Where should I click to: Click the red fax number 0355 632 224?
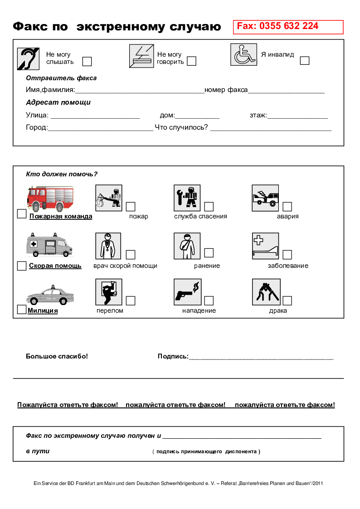277,26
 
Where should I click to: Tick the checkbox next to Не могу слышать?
87,61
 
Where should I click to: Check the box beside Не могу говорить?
191,61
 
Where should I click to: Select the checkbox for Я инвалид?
305,60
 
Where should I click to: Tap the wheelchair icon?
243,55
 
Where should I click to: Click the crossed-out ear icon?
28,59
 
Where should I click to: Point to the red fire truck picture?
50,198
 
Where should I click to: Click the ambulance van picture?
49,246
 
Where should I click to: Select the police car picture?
50,296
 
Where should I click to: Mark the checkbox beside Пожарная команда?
21,214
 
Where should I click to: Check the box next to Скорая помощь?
21,266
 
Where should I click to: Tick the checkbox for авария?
287,207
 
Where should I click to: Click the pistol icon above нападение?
187,292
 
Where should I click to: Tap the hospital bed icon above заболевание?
265,246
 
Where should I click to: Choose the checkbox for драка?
287,301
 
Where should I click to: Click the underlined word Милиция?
43,311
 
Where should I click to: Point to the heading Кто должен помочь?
62,174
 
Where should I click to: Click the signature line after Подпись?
261,358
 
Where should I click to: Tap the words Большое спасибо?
57,356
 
